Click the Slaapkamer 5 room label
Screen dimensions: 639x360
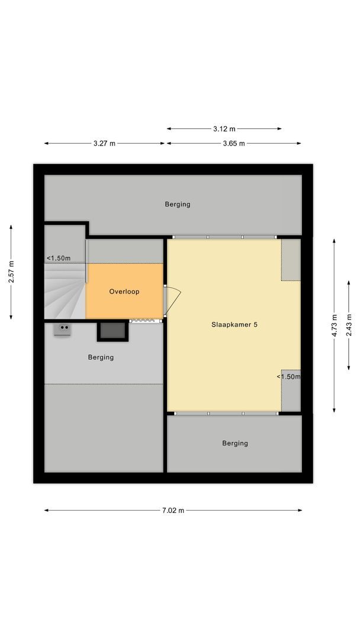tap(234, 324)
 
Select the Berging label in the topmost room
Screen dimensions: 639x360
tap(178, 204)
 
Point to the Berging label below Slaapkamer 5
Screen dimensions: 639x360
tap(235, 443)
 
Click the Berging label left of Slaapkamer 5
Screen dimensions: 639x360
tap(101, 357)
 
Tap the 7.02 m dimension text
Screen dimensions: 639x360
tap(173, 511)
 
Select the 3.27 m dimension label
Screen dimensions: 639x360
tap(104, 143)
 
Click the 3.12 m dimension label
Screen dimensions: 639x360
tap(224, 128)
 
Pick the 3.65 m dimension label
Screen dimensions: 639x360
tap(234, 143)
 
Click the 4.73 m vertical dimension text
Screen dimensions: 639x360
tap(335, 325)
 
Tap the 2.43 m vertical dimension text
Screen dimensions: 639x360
tap(349, 325)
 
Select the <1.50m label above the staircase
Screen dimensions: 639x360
tap(59, 258)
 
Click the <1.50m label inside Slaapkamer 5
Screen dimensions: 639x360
tap(288, 376)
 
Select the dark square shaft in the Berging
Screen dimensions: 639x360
tap(112, 331)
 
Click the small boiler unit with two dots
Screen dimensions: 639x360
tap(63, 328)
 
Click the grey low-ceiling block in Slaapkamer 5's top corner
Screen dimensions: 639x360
tap(291, 259)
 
